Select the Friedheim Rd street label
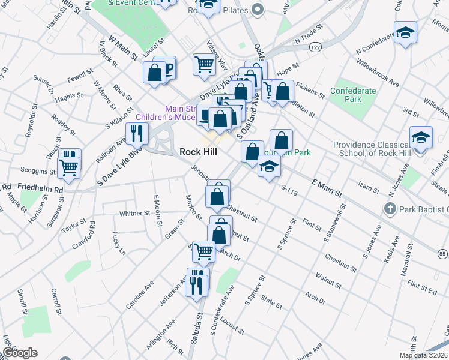[41, 189]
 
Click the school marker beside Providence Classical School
[421, 137]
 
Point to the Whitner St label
[134, 213]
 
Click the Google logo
[20, 353]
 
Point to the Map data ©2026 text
[423, 355]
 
